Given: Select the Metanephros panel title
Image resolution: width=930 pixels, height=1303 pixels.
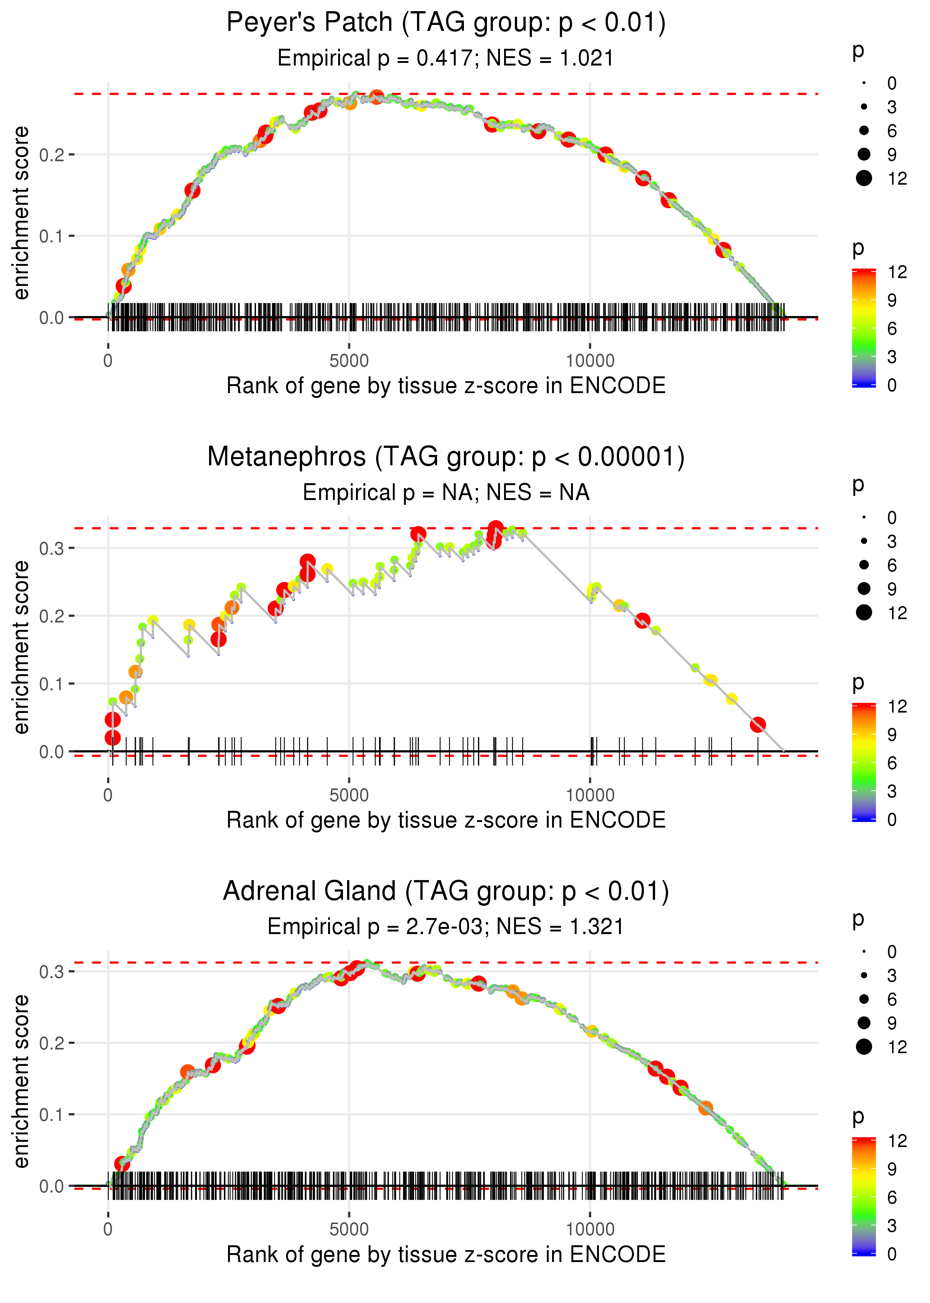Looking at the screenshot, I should [x=446, y=457].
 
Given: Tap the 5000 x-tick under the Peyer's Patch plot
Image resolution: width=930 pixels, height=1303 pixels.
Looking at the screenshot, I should [x=349, y=361].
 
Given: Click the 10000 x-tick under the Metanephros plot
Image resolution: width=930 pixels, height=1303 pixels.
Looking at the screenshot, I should [x=590, y=795].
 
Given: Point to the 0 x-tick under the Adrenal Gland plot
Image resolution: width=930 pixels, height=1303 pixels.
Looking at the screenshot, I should [x=108, y=1230].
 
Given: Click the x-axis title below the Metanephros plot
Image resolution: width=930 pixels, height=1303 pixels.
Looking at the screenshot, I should [x=446, y=820].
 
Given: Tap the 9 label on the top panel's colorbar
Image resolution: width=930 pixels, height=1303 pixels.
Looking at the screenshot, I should [x=892, y=300].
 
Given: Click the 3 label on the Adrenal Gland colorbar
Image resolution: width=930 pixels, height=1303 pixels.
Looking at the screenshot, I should [x=892, y=1226].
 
